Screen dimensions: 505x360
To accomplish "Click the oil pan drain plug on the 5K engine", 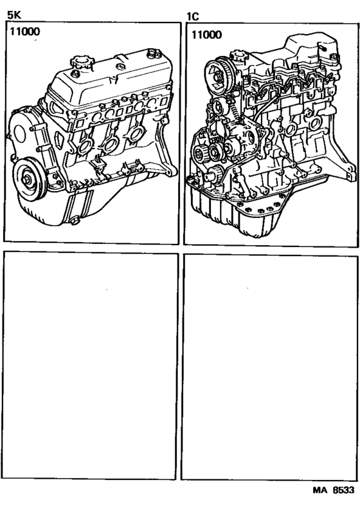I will (75, 222).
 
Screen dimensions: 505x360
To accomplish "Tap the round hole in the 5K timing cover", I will (17, 136).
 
